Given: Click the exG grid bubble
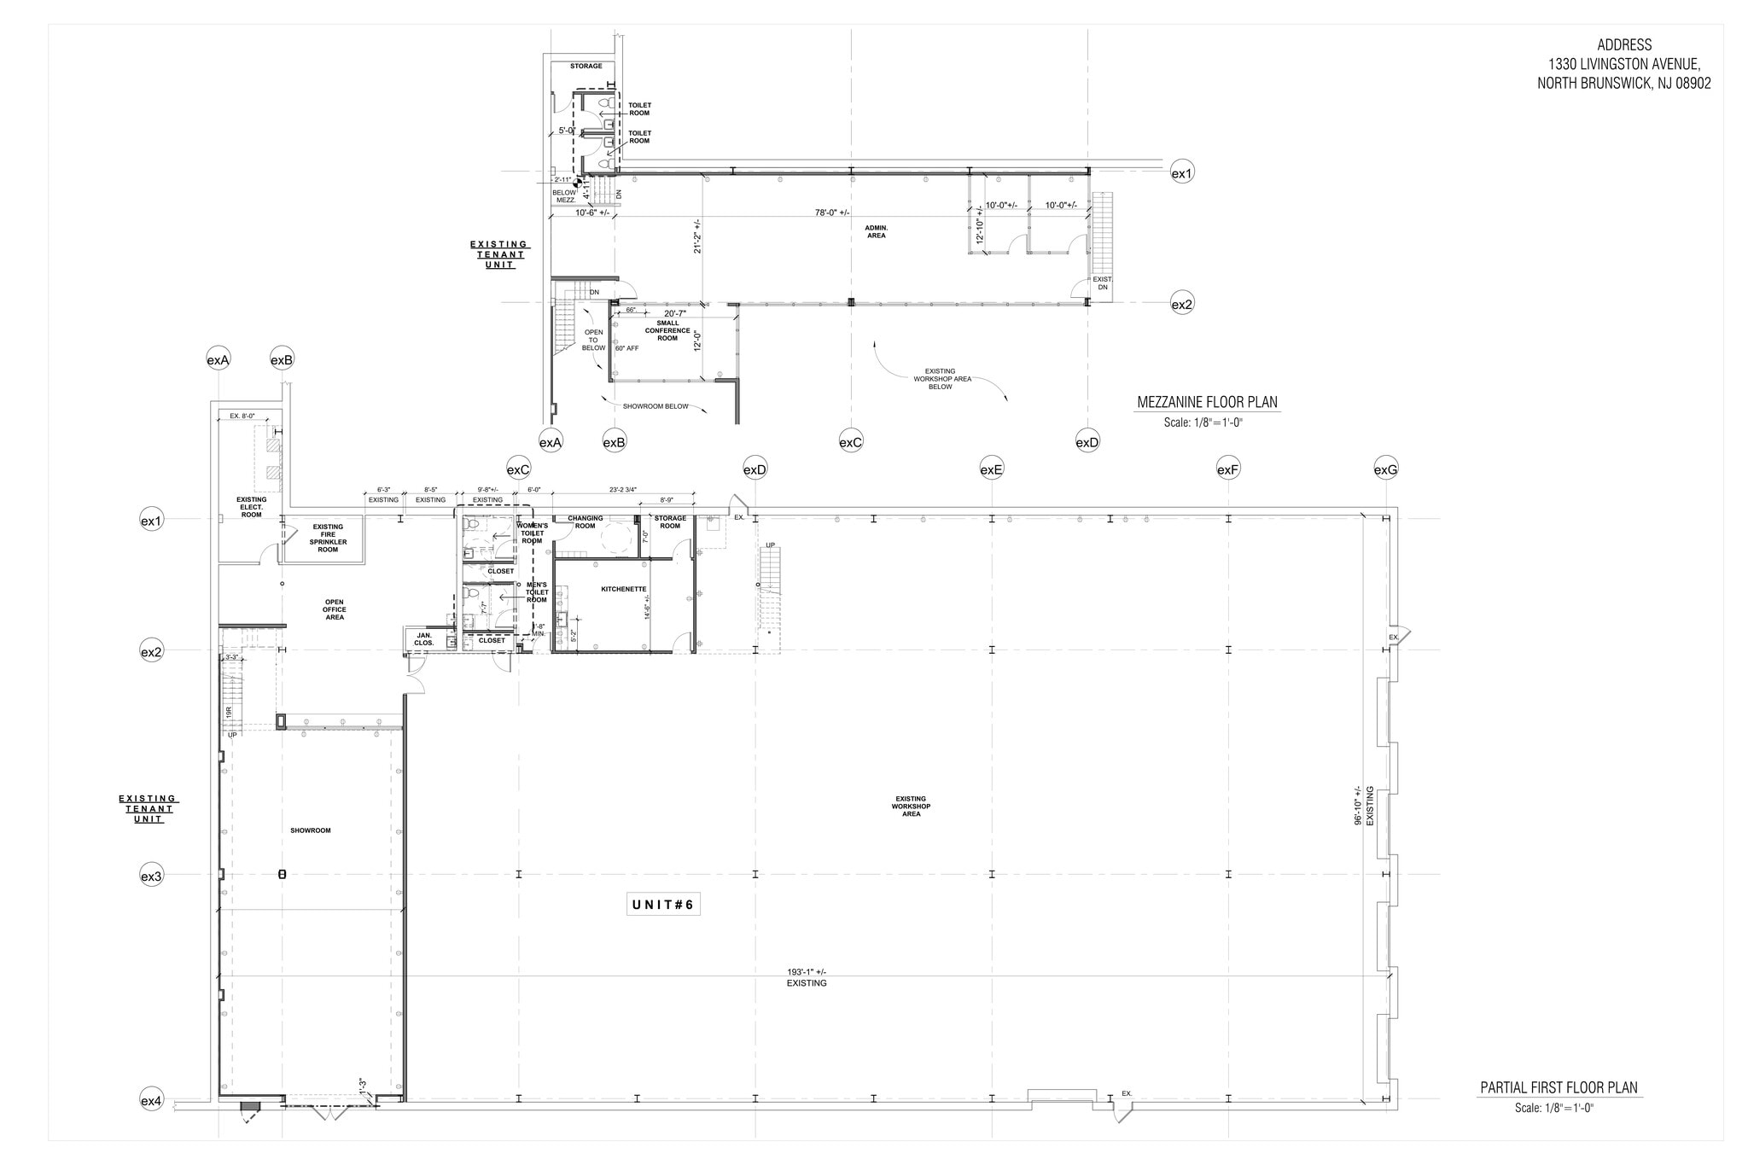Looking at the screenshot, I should [1385, 469].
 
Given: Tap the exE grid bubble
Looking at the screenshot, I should [991, 469].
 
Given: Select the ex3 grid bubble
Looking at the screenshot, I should [151, 876].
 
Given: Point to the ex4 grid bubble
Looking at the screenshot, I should [151, 1101].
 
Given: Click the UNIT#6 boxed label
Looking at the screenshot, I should [663, 905].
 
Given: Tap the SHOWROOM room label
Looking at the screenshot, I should [310, 830].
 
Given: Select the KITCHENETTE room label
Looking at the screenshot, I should [623, 590].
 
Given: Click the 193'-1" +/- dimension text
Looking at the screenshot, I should [806, 972].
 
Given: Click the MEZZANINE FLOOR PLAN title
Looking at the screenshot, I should [1207, 403].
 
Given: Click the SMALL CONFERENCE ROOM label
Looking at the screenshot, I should [667, 330].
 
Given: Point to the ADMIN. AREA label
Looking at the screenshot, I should [876, 231].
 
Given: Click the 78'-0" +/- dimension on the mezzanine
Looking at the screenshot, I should [832, 213].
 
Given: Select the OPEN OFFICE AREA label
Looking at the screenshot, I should [334, 609].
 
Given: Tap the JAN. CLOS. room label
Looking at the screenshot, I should [424, 638].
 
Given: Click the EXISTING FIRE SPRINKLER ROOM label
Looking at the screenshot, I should [328, 538].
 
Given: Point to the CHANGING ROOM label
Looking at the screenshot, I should [585, 521].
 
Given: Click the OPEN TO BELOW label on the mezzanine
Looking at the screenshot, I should [593, 340].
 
